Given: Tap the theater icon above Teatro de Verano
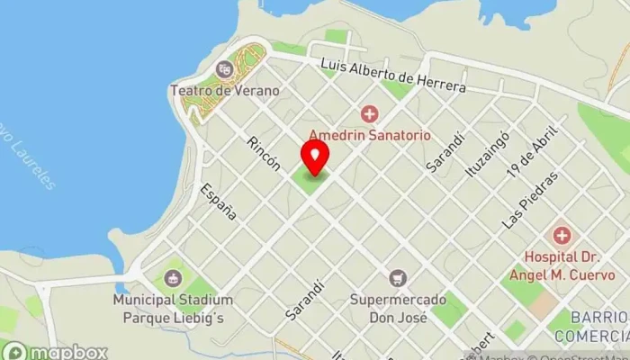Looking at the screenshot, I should tap(224, 68).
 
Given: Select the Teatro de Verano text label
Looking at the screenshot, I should tap(224, 90).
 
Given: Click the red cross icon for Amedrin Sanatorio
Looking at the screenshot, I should tap(369, 114).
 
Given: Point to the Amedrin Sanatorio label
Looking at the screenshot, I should tap(370, 135).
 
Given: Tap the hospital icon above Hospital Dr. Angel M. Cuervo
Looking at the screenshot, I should tap(562, 236).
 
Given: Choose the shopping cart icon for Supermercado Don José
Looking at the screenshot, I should tap(397, 279).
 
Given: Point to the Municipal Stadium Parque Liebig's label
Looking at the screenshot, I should tap(173, 308).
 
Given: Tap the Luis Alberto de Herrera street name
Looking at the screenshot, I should tap(394, 76).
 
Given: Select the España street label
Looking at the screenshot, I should tap(220, 202).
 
